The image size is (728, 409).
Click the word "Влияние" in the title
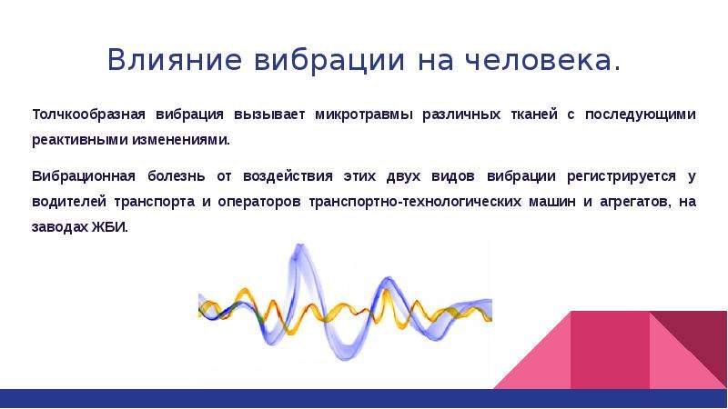click(175, 59)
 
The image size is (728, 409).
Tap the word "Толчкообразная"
click(88, 115)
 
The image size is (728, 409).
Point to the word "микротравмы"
click(363, 115)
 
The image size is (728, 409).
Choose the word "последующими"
click(641, 115)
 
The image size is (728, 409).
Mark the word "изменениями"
click(180, 140)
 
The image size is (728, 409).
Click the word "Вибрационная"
click(84, 176)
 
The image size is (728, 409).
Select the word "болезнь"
click(176, 176)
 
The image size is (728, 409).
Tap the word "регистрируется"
click(622, 176)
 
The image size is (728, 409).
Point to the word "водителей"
click(69, 202)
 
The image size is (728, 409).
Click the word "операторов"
click(259, 202)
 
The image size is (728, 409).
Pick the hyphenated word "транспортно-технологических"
click(415, 202)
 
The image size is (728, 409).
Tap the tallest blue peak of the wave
click(299, 245)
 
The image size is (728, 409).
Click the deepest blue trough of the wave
click(345, 357)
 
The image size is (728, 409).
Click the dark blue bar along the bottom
click(364, 398)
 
